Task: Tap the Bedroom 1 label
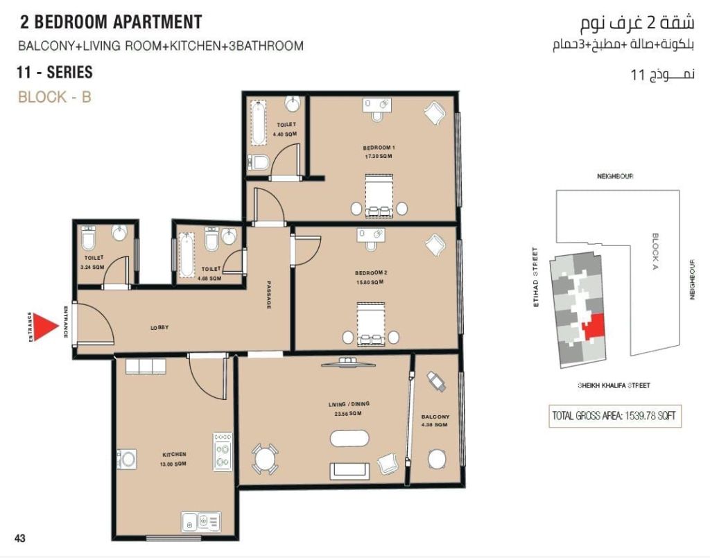[x=379, y=148]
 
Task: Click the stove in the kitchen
[x=223, y=452]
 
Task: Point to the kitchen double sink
[x=201, y=522]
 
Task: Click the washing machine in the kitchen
[x=127, y=459]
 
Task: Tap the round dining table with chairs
[x=264, y=459]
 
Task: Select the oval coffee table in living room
[x=349, y=439]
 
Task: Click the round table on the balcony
[x=437, y=460]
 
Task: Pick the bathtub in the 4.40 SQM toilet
[x=259, y=123]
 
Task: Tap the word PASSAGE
[x=268, y=295]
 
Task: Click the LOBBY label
[x=159, y=327]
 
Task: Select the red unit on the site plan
[x=594, y=326]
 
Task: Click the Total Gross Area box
[x=614, y=415]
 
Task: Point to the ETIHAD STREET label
[x=536, y=277]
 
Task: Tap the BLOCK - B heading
[x=55, y=97]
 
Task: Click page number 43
[x=20, y=538]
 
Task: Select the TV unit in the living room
[x=348, y=363]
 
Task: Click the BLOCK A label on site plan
[x=655, y=250]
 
